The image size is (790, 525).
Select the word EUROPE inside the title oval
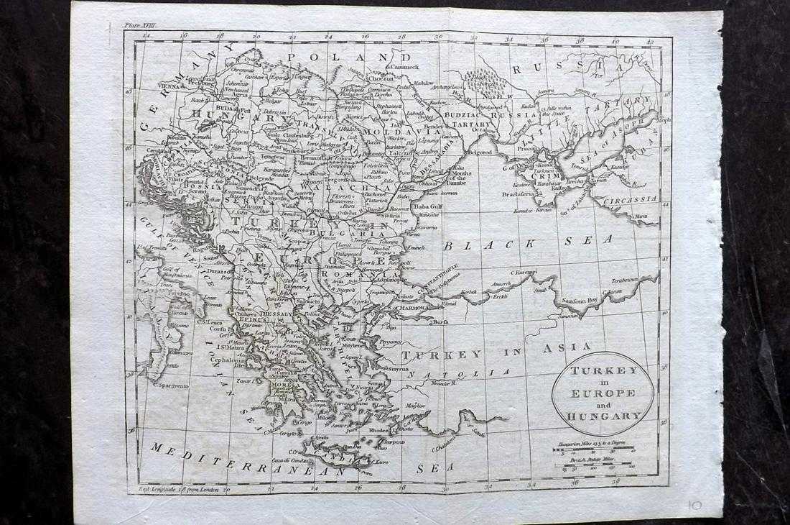[x=603, y=393]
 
